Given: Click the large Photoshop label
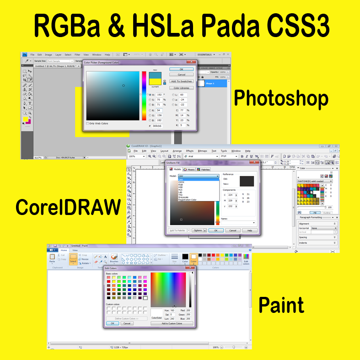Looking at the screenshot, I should tap(281, 98).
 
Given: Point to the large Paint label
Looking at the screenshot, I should tap(281, 304).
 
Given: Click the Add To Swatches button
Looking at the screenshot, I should tap(182, 81).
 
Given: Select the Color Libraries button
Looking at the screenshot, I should tap(182, 88).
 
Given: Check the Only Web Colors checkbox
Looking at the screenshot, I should tap(88, 123).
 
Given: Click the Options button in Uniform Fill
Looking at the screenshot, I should tap(198, 231).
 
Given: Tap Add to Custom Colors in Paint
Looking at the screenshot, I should tap(172, 323).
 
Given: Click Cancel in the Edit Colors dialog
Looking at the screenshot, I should tap(127, 323).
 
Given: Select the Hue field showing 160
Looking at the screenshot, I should tap(172, 311).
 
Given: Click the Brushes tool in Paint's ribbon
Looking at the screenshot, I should tap(114, 258).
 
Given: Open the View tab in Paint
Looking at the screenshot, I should tap(75, 251).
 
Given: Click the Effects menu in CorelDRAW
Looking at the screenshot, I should tap(190, 150).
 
